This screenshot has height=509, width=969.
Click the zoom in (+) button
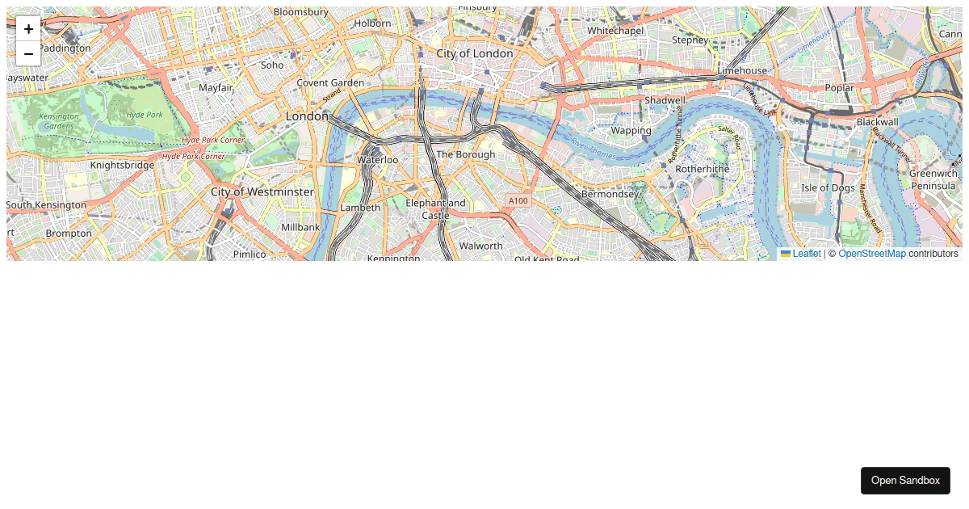click(x=28, y=29)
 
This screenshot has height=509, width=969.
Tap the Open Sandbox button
click(x=905, y=480)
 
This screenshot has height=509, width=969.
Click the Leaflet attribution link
click(x=806, y=254)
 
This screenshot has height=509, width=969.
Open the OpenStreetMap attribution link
click(x=872, y=254)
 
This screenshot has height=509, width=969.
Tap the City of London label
click(x=474, y=53)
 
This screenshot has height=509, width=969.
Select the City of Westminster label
click(x=262, y=191)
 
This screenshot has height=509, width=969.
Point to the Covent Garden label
click(x=330, y=82)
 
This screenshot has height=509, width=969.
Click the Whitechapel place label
click(x=615, y=31)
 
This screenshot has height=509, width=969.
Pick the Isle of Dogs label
click(x=828, y=187)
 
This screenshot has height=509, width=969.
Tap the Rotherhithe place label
click(x=702, y=169)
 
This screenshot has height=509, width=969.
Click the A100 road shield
click(x=518, y=200)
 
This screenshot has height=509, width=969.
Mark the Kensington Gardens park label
click(x=59, y=121)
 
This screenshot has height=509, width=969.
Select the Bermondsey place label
click(x=610, y=194)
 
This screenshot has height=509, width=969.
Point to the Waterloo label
click(x=378, y=160)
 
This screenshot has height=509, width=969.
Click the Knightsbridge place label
click(x=122, y=165)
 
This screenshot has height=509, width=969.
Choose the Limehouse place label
click(x=742, y=71)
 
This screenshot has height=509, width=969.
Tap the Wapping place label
click(x=631, y=130)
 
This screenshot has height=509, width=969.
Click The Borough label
click(x=465, y=154)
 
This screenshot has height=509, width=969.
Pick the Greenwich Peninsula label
click(x=933, y=179)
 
